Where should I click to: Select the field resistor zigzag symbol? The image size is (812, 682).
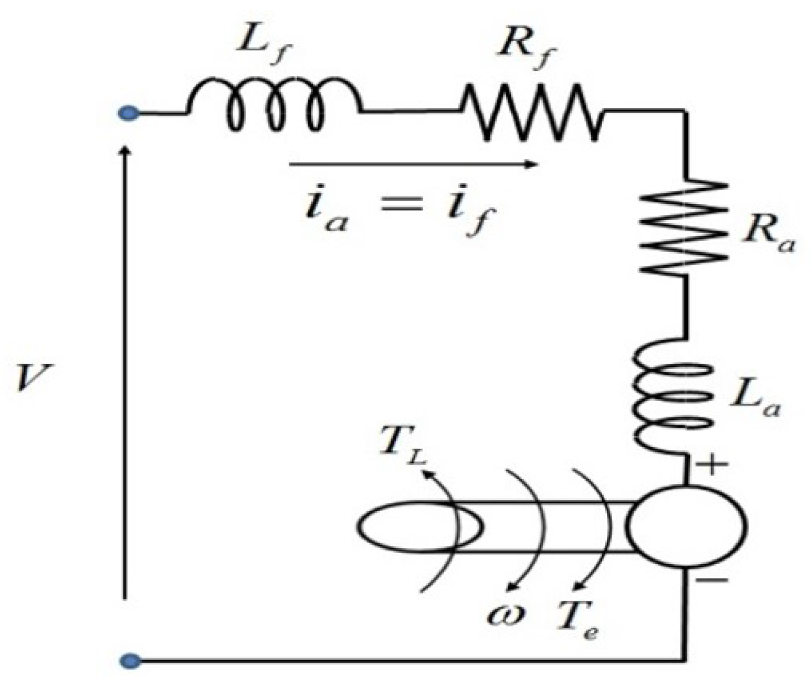click(532, 113)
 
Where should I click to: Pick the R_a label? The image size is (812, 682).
click(768, 235)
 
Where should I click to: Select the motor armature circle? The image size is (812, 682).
click(686, 527)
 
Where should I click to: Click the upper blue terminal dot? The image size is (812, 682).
click(129, 113)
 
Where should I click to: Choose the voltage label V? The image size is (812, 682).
click(34, 378)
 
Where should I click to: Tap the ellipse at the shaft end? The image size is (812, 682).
click(420, 527)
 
